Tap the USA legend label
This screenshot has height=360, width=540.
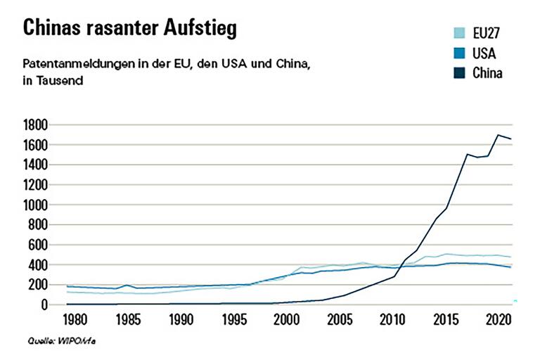coord(484,53)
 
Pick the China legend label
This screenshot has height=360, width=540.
coord(487,73)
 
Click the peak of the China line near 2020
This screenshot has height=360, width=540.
coord(499,135)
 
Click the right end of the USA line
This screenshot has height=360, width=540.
coord(510,267)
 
